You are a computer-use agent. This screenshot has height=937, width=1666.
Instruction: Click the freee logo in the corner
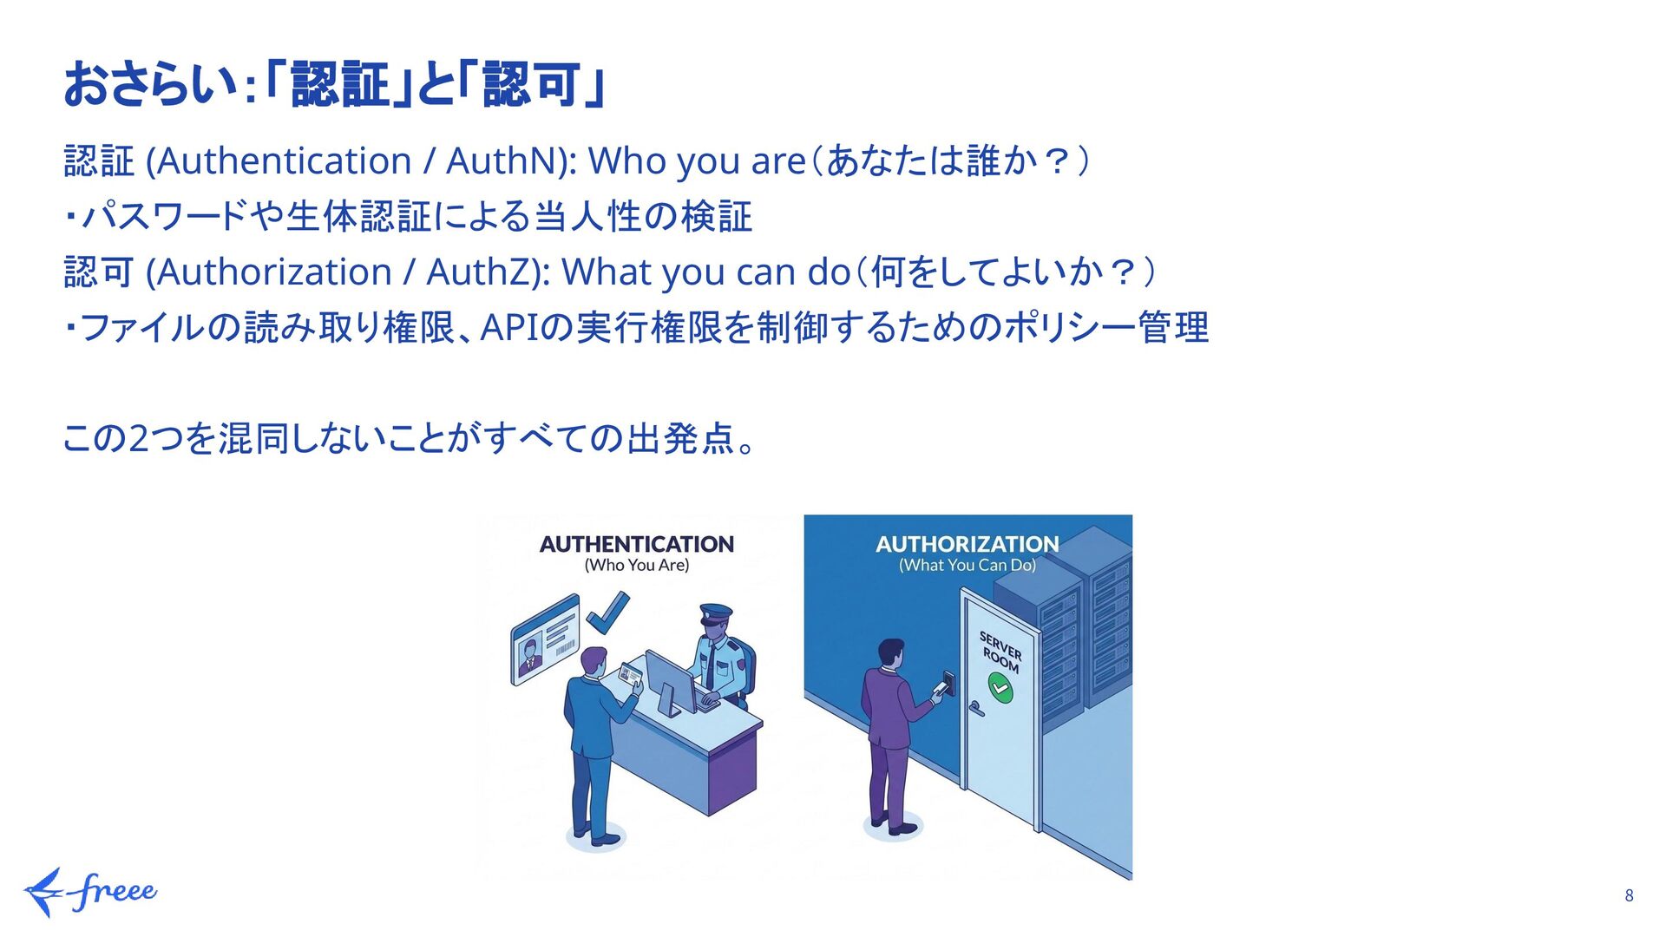(x=91, y=892)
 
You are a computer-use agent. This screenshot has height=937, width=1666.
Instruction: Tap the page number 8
(x=1629, y=895)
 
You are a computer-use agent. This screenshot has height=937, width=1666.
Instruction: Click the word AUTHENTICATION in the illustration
(x=636, y=544)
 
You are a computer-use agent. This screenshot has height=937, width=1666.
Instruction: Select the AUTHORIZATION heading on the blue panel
(x=967, y=544)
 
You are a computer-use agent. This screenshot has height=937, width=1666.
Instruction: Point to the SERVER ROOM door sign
(x=1000, y=652)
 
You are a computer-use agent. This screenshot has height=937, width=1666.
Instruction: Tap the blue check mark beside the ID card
(x=607, y=612)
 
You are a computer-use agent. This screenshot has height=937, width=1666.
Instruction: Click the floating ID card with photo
(x=545, y=639)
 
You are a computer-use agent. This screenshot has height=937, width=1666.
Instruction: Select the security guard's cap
(x=716, y=613)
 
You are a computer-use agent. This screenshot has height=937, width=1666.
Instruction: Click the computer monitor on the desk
(x=671, y=681)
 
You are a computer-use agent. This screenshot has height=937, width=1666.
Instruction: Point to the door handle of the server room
(x=976, y=709)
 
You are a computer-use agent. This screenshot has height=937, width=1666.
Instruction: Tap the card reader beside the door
(x=949, y=684)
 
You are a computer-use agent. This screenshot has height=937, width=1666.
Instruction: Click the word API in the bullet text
(x=509, y=328)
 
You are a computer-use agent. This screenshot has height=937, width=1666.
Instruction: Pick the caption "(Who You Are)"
(x=636, y=566)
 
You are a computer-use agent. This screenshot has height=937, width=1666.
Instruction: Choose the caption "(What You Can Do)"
(x=967, y=566)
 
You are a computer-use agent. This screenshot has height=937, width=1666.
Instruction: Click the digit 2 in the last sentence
(x=139, y=439)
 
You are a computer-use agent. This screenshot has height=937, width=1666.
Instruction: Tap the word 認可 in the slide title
(x=531, y=85)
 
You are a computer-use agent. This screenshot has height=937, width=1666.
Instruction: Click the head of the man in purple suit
(x=890, y=653)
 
